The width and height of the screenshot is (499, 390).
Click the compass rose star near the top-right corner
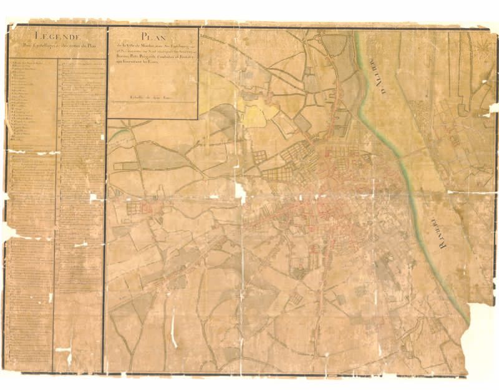480,49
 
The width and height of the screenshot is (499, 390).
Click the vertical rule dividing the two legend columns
54,206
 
